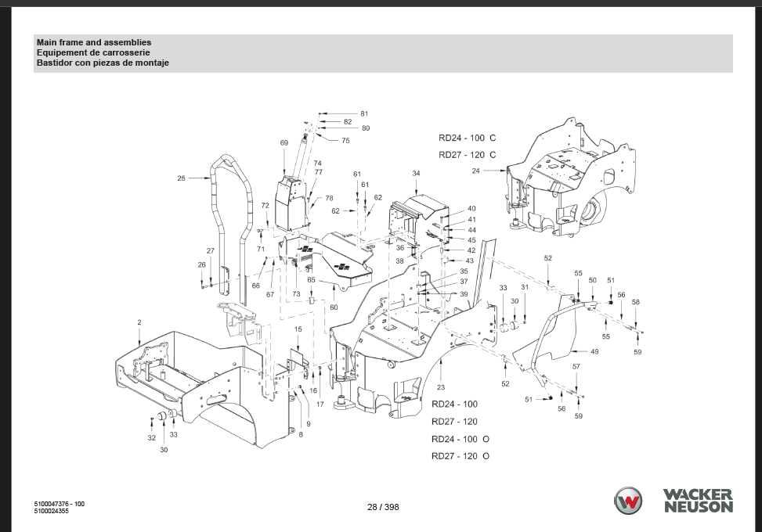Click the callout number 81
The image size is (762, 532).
[364, 114]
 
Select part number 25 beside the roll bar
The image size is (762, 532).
[181, 178]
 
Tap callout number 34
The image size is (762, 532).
[416, 173]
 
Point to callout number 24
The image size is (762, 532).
[475, 171]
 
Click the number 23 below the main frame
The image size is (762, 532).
[441, 387]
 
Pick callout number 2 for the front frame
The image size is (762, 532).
[139, 322]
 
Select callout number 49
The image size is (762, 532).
[594, 352]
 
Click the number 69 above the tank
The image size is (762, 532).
[284, 143]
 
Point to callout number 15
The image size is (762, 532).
[298, 330]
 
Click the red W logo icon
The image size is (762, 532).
[628, 501]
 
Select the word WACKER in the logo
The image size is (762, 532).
[698, 494]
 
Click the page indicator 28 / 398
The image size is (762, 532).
[383, 507]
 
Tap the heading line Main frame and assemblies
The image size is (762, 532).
[94, 42]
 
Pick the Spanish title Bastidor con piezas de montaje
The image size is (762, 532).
[103, 63]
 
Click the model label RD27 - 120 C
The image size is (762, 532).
[467, 155]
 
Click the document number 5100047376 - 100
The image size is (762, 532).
[60, 504]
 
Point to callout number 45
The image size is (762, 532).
[471, 240]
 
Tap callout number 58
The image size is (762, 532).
[636, 302]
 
